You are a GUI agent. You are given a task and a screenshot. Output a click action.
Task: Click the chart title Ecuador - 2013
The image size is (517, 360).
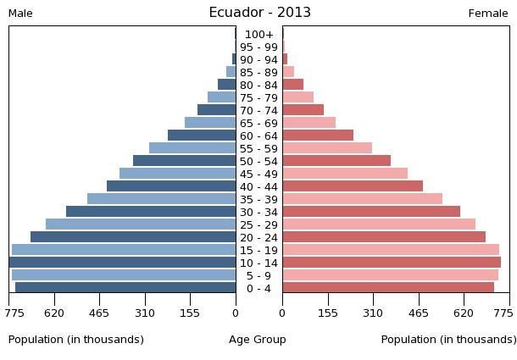[259, 13]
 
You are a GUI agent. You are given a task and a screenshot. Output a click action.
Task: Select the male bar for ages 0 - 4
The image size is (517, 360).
[125, 288]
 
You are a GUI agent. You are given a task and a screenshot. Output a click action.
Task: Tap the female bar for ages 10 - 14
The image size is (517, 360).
[392, 263]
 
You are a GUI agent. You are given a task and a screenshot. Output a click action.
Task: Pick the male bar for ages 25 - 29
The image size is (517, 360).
[141, 224]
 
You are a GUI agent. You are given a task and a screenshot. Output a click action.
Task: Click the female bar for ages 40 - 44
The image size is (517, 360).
[353, 186]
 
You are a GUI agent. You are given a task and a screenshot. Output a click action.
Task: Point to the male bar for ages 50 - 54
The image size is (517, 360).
[185, 161]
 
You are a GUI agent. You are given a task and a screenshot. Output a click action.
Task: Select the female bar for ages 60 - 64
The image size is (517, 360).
[318, 136]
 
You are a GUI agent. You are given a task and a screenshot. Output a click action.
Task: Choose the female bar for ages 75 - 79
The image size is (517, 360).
[298, 97]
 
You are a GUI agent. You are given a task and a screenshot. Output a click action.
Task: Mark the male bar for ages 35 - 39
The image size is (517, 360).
[162, 199]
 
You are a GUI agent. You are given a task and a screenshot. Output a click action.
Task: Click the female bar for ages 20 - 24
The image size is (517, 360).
[384, 237]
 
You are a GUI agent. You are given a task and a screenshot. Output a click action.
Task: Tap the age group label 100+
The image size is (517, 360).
[258, 35]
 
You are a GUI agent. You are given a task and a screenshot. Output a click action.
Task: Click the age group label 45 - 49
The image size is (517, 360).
[258, 174]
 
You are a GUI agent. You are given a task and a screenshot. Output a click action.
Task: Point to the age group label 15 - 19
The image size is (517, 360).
[258, 250]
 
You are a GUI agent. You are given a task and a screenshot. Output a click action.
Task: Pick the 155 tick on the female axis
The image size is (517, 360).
[328, 313]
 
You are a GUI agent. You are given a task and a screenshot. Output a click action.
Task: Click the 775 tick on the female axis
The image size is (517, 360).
[503, 313]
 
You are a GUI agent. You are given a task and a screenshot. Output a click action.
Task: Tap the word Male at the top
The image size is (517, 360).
[20, 14]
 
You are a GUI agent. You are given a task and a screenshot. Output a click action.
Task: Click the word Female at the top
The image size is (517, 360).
[488, 14]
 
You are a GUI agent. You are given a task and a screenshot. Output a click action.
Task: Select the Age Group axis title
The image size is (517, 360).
[258, 340]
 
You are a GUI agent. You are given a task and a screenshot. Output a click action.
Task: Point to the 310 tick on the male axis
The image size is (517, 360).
[145, 313]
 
